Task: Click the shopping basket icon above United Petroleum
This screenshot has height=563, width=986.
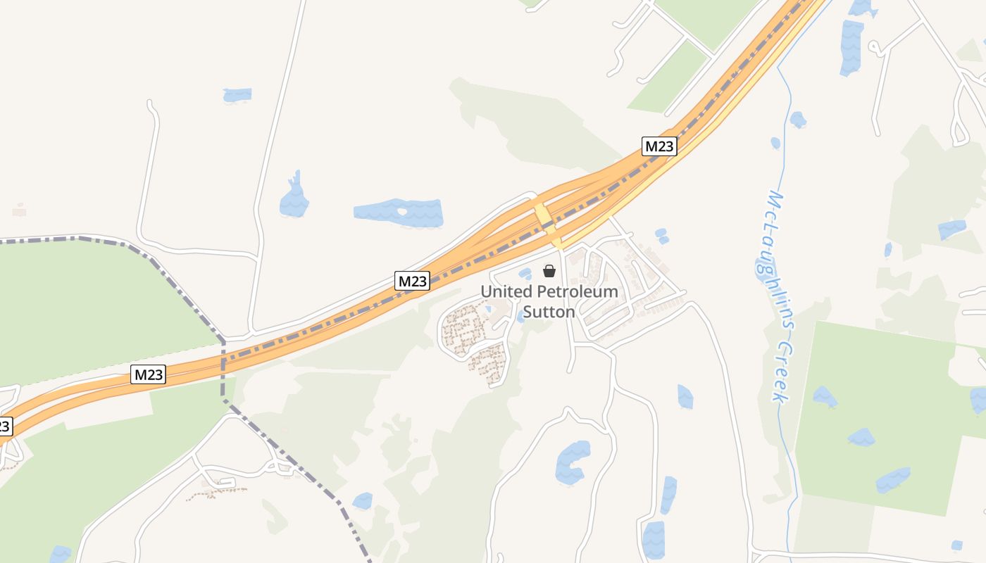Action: [549, 271]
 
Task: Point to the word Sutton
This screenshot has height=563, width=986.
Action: [549, 311]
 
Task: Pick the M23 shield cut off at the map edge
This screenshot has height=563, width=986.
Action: [4, 426]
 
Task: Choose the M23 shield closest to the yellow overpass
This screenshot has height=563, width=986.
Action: [659, 146]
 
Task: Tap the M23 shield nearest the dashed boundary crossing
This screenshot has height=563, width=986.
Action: [149, 374]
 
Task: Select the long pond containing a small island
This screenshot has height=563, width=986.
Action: [399, 213]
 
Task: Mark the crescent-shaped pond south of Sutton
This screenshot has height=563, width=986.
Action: [572, 462]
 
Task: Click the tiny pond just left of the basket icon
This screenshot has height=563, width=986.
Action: [525, 274]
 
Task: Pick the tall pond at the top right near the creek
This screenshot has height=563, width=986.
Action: [851, 48]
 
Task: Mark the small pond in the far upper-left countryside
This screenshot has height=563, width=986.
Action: [237, 94]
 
